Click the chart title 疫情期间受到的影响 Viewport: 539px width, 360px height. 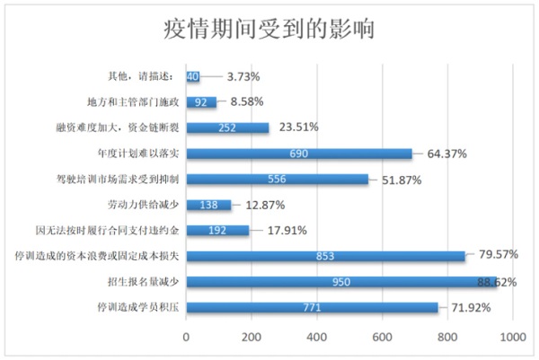pos(269,30)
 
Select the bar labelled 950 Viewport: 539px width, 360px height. pos(341,282)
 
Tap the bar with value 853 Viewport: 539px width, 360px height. pos(325,256)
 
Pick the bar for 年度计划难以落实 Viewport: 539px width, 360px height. pos(299,154)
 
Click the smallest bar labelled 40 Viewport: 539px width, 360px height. pos(192,77)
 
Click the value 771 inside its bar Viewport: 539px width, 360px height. pos(313,308)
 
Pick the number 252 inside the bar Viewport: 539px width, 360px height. pos(227,128)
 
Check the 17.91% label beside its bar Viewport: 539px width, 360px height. pos(289,230)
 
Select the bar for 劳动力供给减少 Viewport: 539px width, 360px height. pos(208,205)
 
